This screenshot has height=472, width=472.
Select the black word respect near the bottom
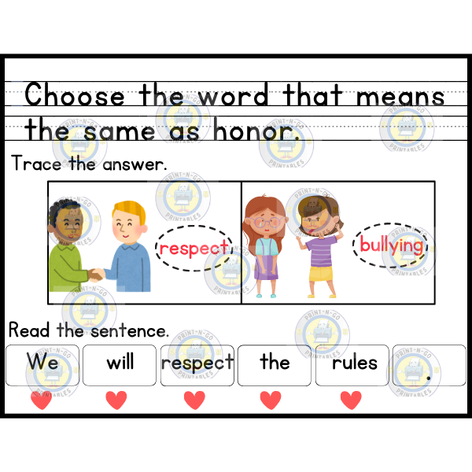(x=197, y=362)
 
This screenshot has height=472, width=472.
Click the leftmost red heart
(x=40, y=400)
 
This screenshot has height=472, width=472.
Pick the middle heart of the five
(x=194, y=400)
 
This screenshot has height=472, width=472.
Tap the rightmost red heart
(x=351, y=400)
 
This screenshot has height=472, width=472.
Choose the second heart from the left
(x=116, y=400)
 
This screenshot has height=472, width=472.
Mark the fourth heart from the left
(x=271, y=400)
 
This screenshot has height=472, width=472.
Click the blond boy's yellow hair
(x=130, y=211)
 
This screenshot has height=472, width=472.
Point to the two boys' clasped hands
(x=96, y=275)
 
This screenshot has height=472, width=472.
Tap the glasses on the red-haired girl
(x=267, y=223)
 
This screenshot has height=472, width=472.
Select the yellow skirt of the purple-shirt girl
(x=321, y=274)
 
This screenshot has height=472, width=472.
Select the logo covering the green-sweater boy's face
(x=73, y=221)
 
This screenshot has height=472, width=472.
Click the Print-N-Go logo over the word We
(x=53, y=372)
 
